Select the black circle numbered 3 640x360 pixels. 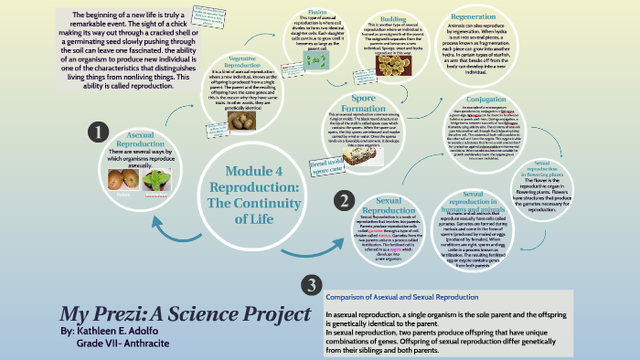(310, 259)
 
